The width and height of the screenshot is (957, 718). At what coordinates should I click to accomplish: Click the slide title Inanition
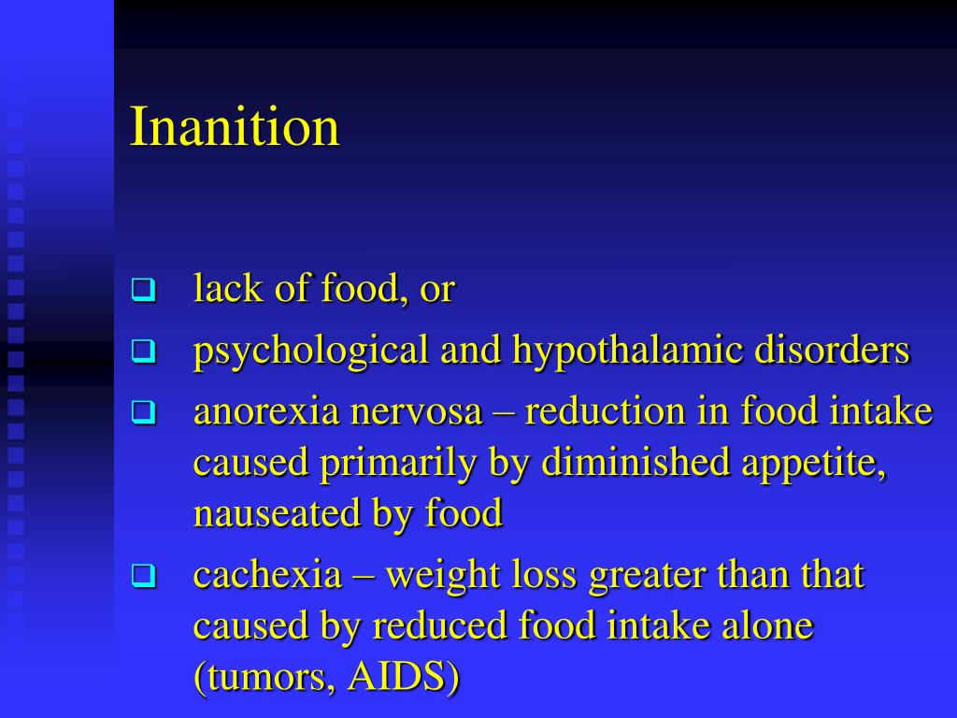tap(235, 127)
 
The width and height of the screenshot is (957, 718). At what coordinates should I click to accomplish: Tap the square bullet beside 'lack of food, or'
tap(142, 290)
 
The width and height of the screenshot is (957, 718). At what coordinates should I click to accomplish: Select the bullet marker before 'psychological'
tap(142, 352)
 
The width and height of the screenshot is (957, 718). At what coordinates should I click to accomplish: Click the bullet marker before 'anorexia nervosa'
tap(142, 412)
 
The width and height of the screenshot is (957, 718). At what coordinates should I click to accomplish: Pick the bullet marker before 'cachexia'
tap(142, 577)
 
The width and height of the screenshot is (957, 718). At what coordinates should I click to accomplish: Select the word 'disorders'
tap(832, 351)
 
